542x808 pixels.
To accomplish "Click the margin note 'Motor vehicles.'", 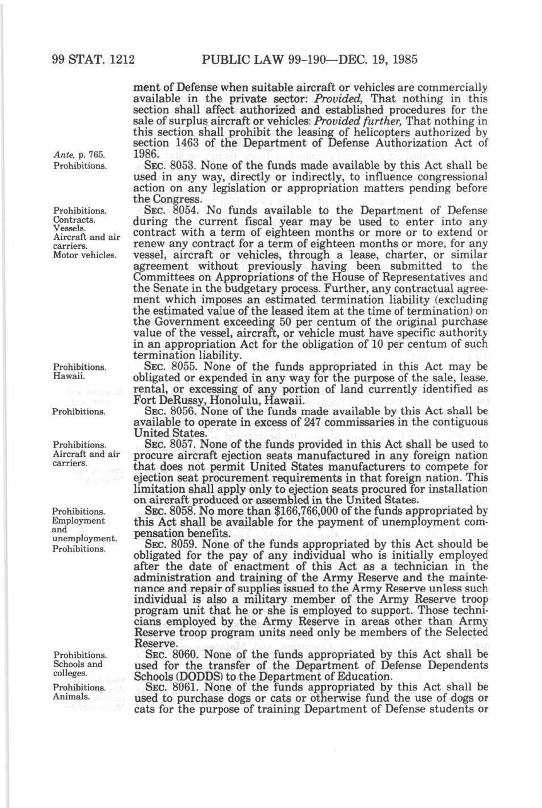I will point(85,255).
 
